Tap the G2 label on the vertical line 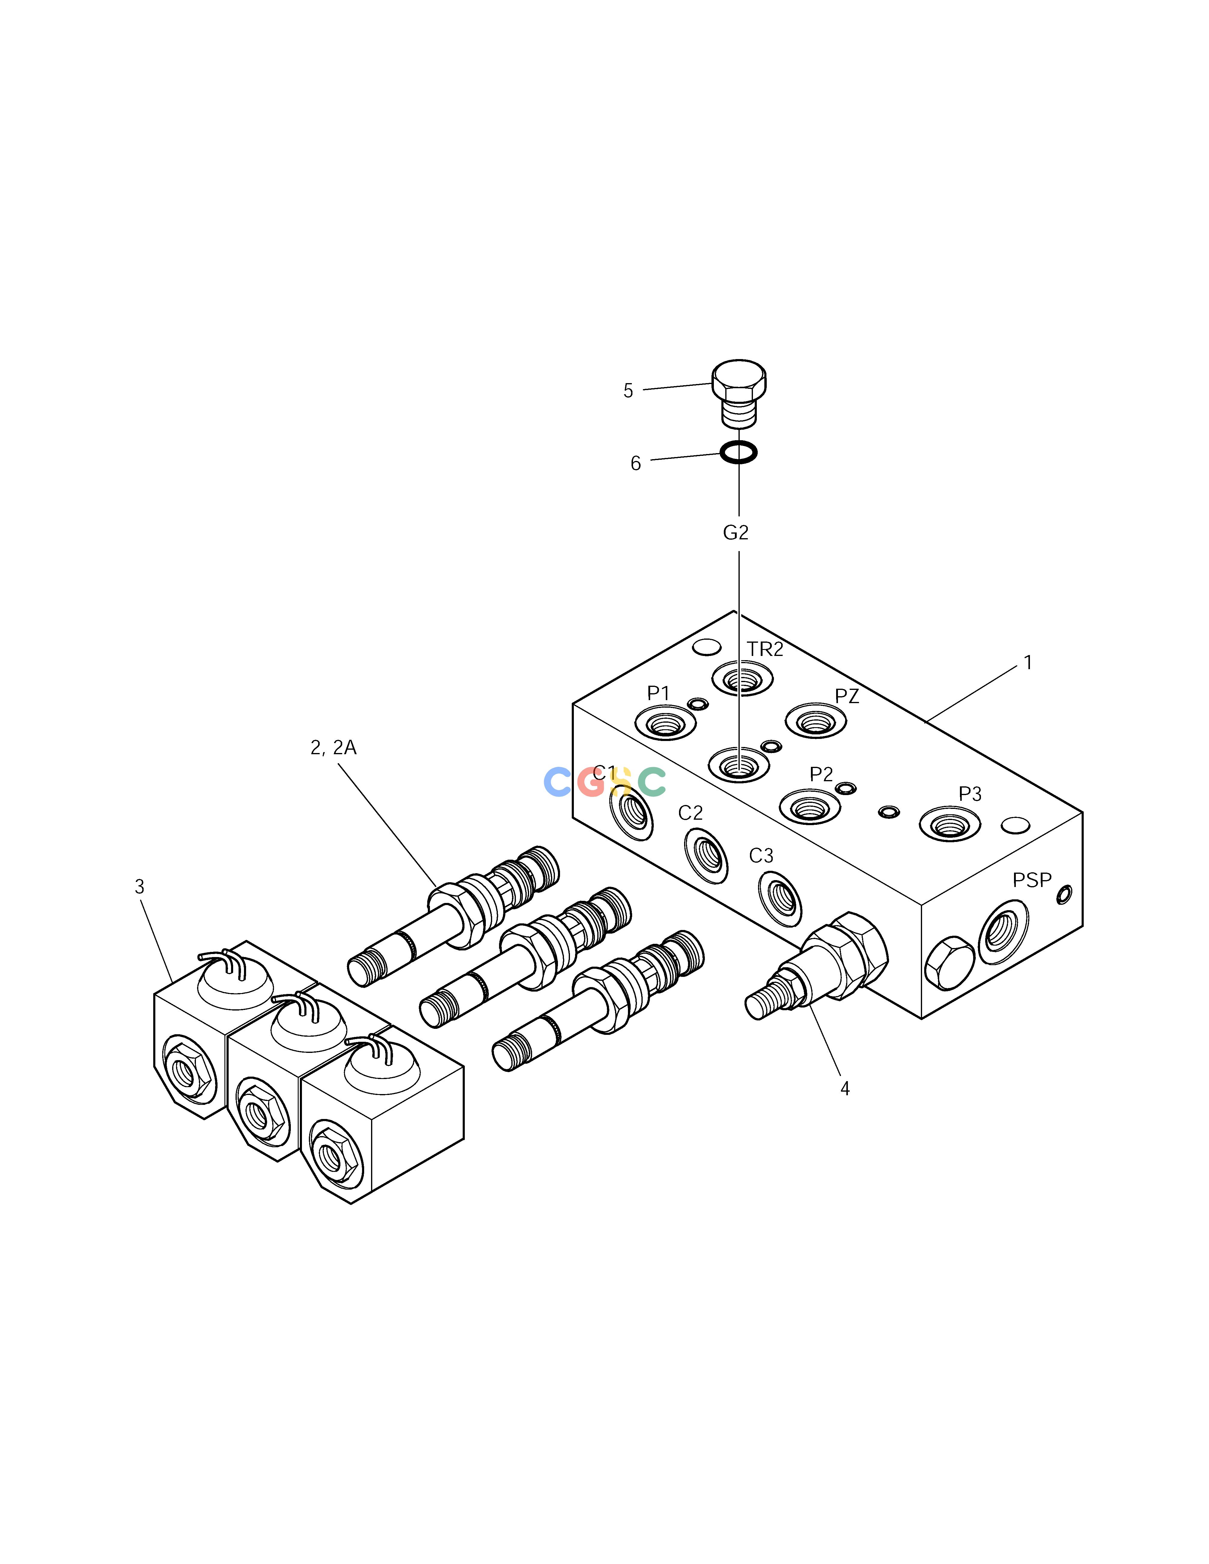click(735, 533)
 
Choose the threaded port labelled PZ click(816, 721)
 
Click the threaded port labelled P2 click(809, 806)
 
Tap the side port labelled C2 click(706, 855)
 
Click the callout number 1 click(1028, 663)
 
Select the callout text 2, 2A click(333, 748)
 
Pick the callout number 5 click(628, 391)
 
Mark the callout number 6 click(635, 464)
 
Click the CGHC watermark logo click(604, 782)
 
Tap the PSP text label click(1032, 880)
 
